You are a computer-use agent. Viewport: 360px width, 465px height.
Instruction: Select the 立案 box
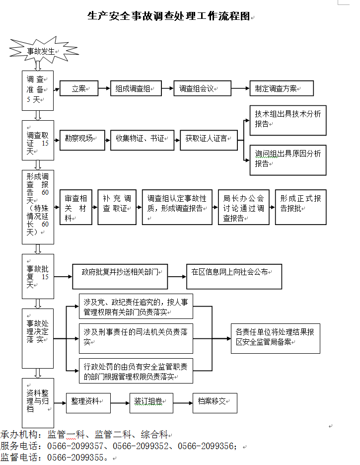pos(79,89)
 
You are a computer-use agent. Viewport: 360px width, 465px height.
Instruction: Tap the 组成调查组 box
pos(136,89)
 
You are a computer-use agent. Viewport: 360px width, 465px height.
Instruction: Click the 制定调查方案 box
pos(281,89)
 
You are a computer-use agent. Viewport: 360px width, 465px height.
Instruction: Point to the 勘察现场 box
pos(82,139)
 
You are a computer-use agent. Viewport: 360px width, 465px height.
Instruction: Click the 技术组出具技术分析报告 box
pos(288,119)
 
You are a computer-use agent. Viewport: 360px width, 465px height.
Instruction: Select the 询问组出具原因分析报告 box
pos(288,159)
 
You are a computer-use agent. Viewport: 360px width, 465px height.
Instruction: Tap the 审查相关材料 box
pos(76,206)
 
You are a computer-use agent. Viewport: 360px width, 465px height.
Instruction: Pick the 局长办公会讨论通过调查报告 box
pos(243,206)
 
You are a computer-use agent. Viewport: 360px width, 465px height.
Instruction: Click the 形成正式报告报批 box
pos(300,206)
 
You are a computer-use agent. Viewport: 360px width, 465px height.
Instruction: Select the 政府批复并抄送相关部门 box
pos(120,276)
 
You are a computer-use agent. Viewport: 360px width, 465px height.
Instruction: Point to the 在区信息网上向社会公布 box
pos(234,276)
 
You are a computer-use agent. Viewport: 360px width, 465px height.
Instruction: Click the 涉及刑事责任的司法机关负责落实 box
pos(136,337)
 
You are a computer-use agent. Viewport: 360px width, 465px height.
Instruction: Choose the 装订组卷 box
pos(151,402)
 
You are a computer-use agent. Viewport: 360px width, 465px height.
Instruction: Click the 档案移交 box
pos(215,402)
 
